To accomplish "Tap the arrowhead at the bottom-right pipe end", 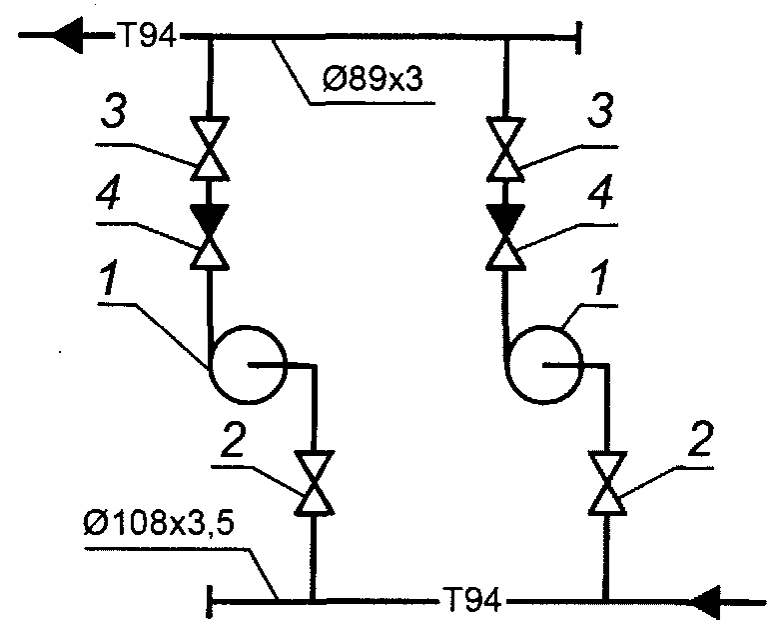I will tap(712, 602).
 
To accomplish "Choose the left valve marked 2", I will tap(314, 484).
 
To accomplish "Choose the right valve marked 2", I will tap(605, 484).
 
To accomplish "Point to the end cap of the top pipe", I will tap(579, 39).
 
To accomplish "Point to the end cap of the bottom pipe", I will tap(209, 602).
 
